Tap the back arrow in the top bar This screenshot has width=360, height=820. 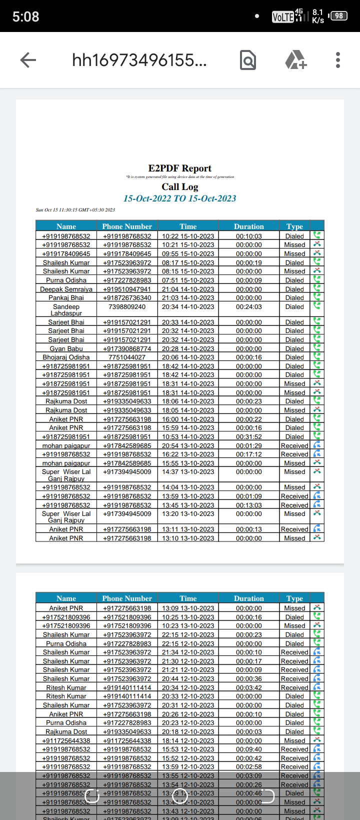coord(28,60)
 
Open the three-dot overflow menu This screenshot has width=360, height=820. coord(338,60)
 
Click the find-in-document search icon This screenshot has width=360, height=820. coord(248,60)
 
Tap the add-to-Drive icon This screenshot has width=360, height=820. coord(295,60)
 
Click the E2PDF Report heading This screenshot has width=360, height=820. coord(179,168)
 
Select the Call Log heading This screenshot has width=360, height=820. coord(179,187)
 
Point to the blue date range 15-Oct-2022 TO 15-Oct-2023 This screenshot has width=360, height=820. coord(179,198)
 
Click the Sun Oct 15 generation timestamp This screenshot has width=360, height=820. coord(75,210)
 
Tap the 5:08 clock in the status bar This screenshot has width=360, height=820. coord(25,17)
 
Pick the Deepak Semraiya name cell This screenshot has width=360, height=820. coord(66,289)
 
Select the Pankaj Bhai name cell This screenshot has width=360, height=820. coord(66,298)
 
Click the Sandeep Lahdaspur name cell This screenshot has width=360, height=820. coord(66,310)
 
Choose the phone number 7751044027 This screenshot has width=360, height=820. coord(127,357)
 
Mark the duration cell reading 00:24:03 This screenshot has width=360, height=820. coord(248,307)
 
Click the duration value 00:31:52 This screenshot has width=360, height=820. coord(248,437)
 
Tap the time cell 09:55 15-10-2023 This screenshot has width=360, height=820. coord(188,254)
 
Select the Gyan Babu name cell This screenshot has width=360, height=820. coord(66,349)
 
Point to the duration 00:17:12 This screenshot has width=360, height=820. coord(248,454)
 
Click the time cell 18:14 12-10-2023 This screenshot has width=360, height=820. coord(188,741)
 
